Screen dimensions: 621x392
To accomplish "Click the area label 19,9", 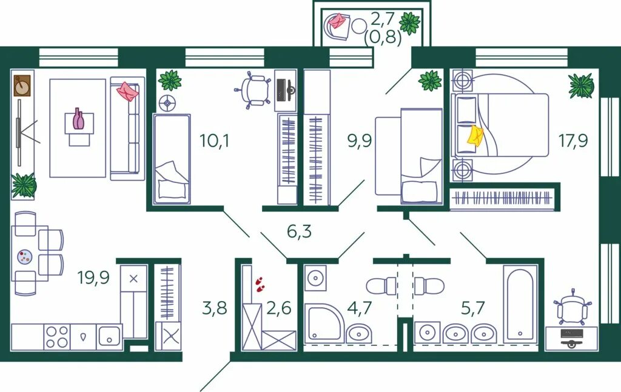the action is point(93,277).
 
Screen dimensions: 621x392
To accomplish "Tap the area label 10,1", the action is point(214,141).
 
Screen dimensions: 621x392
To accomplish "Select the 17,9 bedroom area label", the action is point(573,141).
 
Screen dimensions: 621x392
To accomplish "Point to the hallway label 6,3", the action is point(299,231).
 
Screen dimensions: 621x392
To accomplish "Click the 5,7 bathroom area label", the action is point(473,307).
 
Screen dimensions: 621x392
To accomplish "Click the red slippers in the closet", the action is point(260,284).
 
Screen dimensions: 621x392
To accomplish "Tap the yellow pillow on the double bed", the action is point(475,136).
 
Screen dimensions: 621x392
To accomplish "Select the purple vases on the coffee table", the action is point(78,119).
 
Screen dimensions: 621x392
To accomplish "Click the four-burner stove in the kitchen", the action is point(56,337).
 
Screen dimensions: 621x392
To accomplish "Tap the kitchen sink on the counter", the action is point(109,337).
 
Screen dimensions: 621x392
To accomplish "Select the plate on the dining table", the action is point(25,256).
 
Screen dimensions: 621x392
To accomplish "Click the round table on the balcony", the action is point(360,27).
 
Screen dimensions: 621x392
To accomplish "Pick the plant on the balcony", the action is point(409,23).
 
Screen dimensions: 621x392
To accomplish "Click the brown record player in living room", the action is point(22,85).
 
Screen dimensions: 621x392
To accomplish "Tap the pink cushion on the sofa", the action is point(127,91).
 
